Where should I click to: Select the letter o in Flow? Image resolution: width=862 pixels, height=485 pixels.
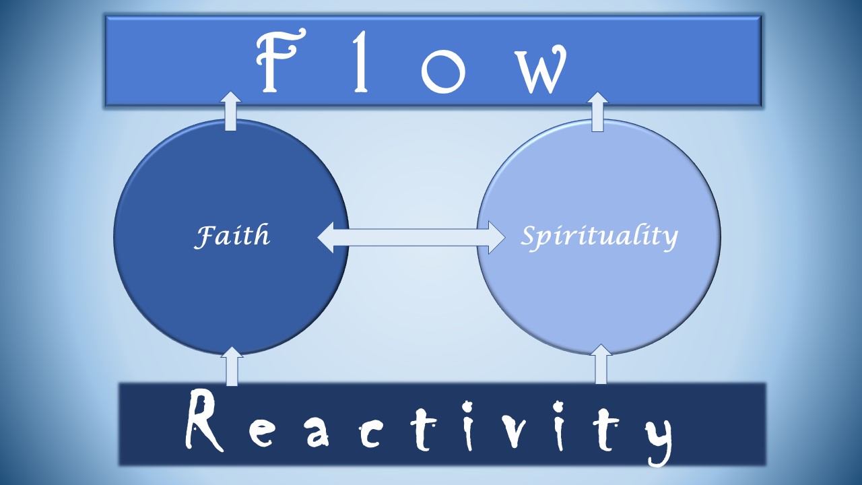(x=443, y=69)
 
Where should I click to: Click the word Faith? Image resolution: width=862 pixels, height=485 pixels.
(x=232, y=236)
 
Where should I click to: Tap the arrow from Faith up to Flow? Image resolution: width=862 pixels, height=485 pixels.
(x=231, y=111)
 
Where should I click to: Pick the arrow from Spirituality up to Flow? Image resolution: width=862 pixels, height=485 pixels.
(x=598, y=111)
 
